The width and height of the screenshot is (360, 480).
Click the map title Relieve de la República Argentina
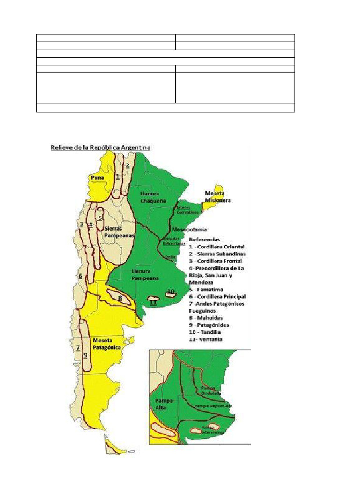(x=101, y=147)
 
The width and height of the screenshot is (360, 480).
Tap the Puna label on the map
(x=97, y=178)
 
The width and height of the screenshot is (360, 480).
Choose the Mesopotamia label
(x=190, y=229)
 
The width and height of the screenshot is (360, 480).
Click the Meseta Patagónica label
(x=107, y=344)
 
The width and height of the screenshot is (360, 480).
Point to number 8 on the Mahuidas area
(x=120, y=297)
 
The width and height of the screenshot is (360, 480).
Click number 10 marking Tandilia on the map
(x=171, y=291)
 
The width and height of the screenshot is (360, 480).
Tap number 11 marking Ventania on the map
(x=152, y=302)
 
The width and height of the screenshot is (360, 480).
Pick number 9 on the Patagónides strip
(x=85, y=355)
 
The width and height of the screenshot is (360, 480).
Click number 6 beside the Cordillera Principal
(x=80, y=276)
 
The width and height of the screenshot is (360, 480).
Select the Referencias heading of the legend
(x=204, y=239)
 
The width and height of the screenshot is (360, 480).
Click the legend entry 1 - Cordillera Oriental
(x=216, y=247)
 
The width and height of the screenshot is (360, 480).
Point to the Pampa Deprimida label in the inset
(x=213, y=406)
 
